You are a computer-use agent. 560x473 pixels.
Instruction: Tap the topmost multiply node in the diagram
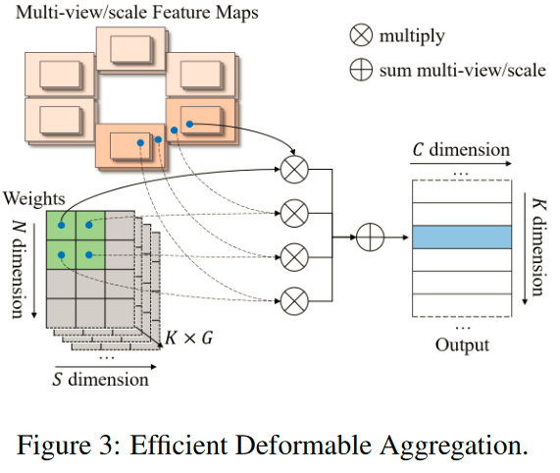(x=294, y=169)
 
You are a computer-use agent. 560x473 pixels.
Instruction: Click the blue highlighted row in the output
(x=460, y=236)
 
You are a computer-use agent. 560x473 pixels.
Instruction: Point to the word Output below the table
(x=462, y=344)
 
